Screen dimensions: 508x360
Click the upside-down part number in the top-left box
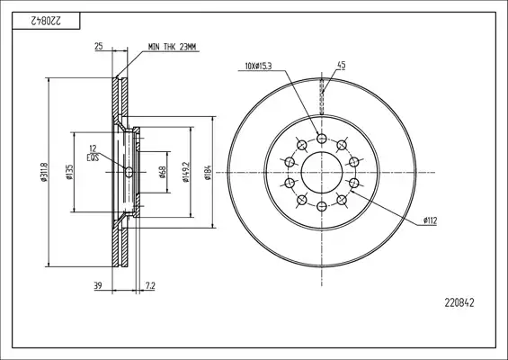pos(46,21)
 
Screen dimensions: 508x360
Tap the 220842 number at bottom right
pos(459,303)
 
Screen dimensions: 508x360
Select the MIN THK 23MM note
pos(172,47)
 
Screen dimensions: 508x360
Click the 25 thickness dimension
pos(99,47)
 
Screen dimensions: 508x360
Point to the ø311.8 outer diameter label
pos(44,172)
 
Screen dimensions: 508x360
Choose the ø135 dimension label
pos(69,172)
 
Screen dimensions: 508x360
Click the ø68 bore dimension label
pos(163,172)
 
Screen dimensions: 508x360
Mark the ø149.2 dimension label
pos(185,172)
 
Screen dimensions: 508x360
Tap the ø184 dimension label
pos(208,172)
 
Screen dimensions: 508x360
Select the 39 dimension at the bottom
pos(98,285)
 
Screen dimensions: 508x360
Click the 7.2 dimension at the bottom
pos(150,285)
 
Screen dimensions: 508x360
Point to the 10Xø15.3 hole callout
pos(258,67)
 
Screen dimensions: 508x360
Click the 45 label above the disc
pos(342,65)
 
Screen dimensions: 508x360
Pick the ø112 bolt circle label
pos(430,220)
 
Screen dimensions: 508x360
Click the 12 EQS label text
pos(93,153)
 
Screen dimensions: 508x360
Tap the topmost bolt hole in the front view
pos(321,139)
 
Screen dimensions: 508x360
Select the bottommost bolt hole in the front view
pos(321,205)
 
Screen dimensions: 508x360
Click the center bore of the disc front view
pos(322,172)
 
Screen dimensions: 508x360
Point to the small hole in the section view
pos(129,172)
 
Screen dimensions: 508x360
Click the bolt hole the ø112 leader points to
pos(354,183)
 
